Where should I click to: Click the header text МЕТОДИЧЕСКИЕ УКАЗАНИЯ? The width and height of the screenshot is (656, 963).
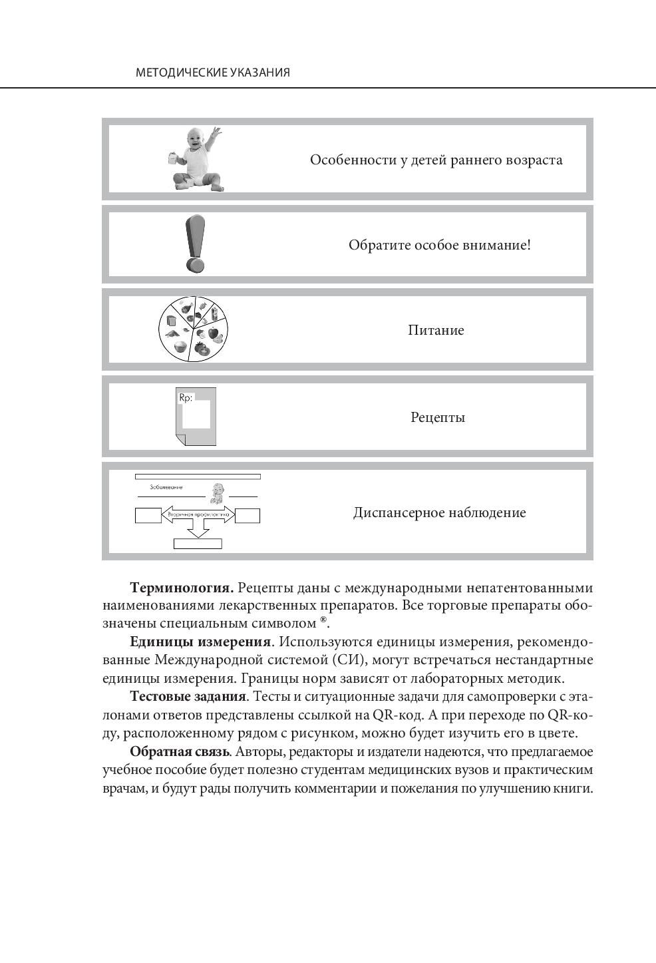[x=212, y=73]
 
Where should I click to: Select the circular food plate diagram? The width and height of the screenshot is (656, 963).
[x=194, y=329]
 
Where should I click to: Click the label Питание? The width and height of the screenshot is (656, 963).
[x=436, y=330]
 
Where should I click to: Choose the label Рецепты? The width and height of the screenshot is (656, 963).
[x=437, y=418]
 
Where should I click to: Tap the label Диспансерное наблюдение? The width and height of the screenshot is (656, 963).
[x=439, y=513]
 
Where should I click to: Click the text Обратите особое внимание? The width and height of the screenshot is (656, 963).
[x=439, y=245]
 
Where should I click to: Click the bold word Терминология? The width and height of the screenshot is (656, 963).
[x=181, y=588]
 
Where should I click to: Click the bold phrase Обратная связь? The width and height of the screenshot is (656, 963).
[x=180, y=752]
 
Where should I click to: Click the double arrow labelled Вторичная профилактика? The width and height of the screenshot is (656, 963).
[x=198, y=515]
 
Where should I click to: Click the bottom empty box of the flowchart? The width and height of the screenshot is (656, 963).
[x=198, y=544]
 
